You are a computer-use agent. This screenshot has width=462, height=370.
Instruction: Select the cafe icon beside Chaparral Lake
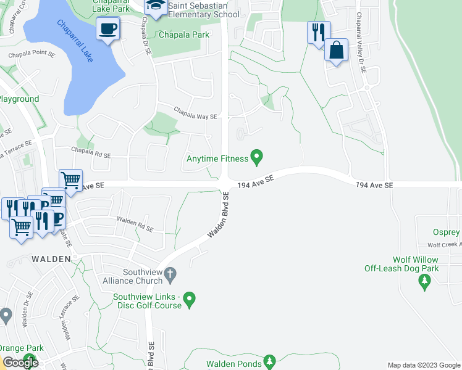109,29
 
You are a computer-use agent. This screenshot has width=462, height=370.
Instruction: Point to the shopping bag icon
337,51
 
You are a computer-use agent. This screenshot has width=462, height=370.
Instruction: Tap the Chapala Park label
184,35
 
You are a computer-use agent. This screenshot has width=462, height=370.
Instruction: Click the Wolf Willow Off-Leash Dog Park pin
424,282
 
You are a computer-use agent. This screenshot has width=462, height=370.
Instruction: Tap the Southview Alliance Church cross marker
172,273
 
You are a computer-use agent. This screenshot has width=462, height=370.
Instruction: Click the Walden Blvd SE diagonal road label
219,215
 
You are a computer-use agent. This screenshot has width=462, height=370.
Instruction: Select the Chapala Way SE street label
195,116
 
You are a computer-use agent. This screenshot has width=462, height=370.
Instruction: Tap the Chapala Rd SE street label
90,156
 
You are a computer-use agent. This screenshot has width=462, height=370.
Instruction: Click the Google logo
20,363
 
